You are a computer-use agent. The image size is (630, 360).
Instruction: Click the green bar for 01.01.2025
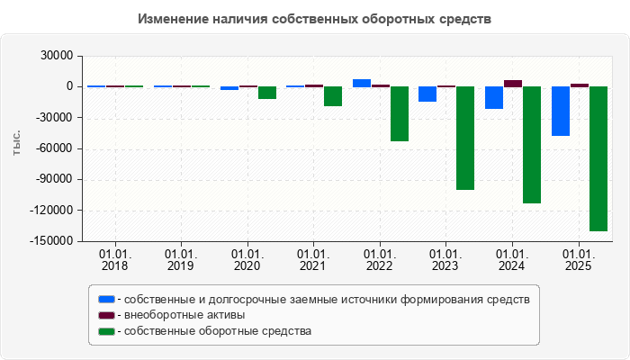point(598,158)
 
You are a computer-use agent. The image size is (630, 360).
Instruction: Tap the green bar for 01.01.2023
point(465,138)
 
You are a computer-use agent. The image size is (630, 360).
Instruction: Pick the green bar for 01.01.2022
point(399,113)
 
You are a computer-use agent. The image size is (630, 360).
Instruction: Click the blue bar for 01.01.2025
point(561,111)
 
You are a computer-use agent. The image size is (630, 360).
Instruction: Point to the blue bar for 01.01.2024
point(494,97)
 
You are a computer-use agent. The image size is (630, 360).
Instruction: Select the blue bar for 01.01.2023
point(427,94)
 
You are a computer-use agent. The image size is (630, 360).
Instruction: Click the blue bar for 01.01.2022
point(362,83)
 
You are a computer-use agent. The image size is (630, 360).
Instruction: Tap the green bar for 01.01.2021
point(333,96)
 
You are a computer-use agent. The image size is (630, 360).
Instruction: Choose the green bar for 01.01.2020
point(266,92)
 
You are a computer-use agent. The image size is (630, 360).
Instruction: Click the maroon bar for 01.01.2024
point(513,83)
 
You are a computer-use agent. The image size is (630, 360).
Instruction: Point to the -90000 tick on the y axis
point(57,179)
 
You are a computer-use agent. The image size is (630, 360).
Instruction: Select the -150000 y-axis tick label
point(54,241)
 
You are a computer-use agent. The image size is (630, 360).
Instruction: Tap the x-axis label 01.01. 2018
point(115,260)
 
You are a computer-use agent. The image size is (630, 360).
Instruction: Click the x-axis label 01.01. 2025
point(579,260)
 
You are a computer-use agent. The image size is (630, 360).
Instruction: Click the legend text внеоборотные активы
point(184,315)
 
